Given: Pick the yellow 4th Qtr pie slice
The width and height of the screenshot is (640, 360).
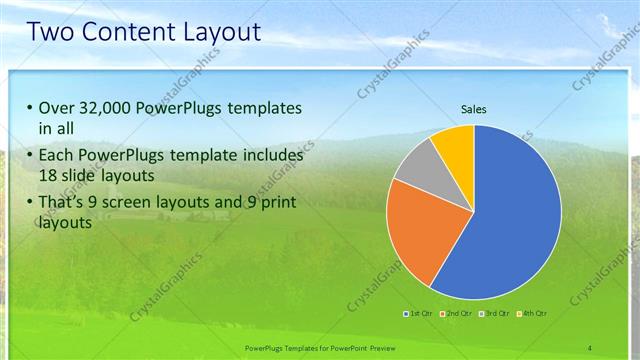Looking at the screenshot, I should tap(455, 145).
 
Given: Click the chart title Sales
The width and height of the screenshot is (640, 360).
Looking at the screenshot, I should tap(473, 109).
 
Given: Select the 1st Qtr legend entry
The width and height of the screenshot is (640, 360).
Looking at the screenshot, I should tap(419, 314).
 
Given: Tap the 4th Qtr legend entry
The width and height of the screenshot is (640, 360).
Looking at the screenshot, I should tap(531, 314).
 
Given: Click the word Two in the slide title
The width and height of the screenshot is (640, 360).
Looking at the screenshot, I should tap(51, 32).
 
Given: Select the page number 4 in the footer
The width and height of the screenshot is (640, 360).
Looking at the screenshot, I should tap(590, 347).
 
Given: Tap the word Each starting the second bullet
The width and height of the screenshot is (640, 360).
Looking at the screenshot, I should tap(57, 156).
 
